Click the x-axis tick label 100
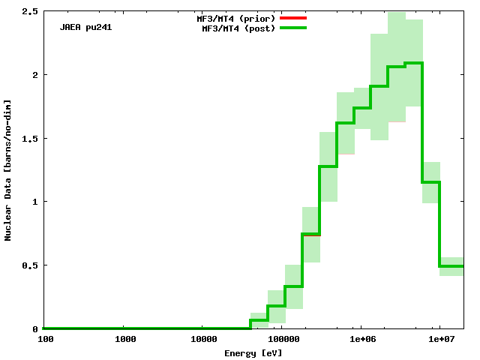tap(46, 340)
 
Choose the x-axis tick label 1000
tap(125, 340)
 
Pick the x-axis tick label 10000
tap(204, 340)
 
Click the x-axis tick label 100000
tap(282, 340)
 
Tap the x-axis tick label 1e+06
tap(362, 340)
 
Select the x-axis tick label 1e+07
tap(441, 340)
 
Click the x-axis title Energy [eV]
tap(253, 352)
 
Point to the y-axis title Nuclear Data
tap(8, 169)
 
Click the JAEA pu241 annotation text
tap(86, 28)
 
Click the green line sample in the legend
tap(293, 28)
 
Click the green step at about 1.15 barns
tap(431, 182)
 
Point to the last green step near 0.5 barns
tap(451, 266)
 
